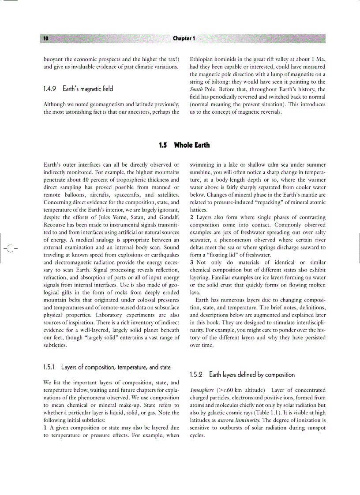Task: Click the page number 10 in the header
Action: coord(46,39)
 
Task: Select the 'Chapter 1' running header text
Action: coord(184,39)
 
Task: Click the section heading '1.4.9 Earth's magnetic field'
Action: coord(78,89)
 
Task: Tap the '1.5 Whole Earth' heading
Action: coord(184,145)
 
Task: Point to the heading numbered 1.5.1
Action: coord(107,367)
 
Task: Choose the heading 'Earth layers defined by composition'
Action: coord(242,375)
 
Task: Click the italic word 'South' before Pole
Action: coord(196,89)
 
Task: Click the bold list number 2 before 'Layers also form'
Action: coord(191,217)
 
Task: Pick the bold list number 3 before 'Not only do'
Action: coord(191,262)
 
